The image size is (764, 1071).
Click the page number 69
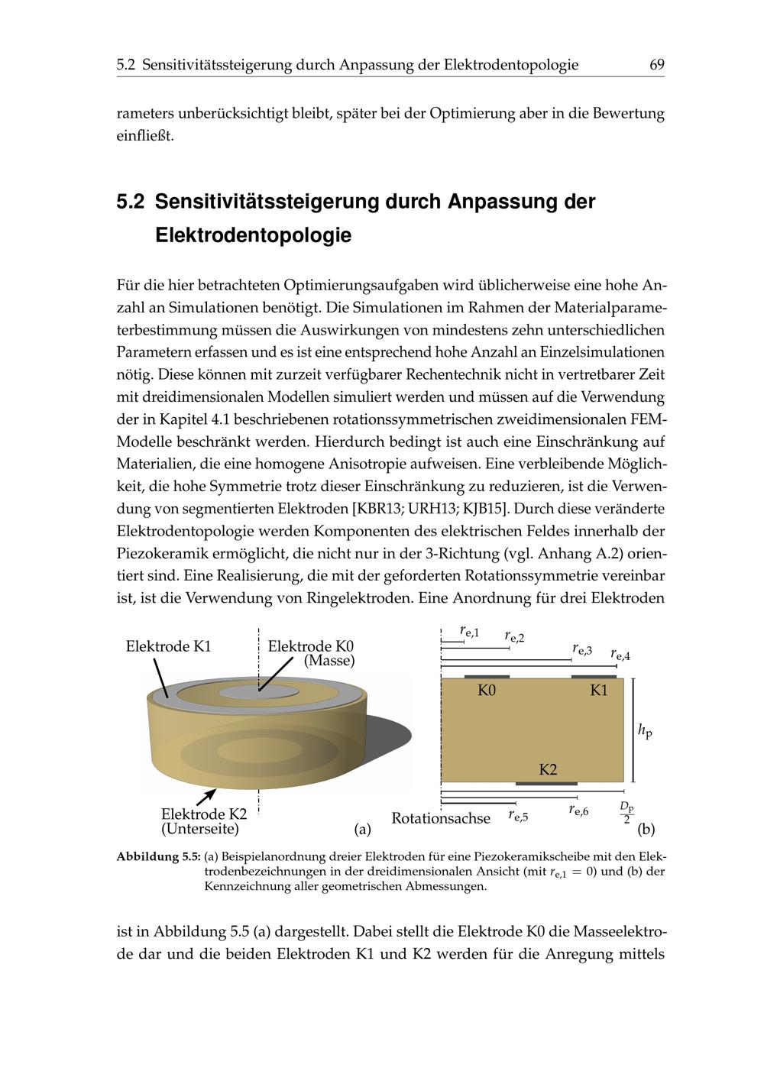(x=656, y=65)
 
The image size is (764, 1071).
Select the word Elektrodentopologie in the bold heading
(x=253, y=235)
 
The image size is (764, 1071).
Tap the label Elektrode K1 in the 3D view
(x=168, y=646)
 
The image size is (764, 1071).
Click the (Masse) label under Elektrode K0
(x=329, y=661)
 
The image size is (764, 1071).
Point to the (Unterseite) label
(x=200, y=829)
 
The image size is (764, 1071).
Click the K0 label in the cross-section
(x=487, y=691)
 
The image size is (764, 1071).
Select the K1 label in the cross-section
(x=599, y=691)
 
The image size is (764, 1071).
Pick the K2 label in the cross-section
(x=548, y=769)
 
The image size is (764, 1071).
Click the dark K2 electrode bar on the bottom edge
(x=545, y=783)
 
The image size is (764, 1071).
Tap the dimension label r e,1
(x=469, y=631)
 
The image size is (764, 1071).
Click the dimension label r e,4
(x=620, y=655)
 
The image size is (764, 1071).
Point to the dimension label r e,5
(x=518, y=816)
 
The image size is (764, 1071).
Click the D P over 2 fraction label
(x=627, y=813)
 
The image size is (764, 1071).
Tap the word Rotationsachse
(x=441, y=818)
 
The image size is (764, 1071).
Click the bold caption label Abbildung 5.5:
(x=158, y=857)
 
